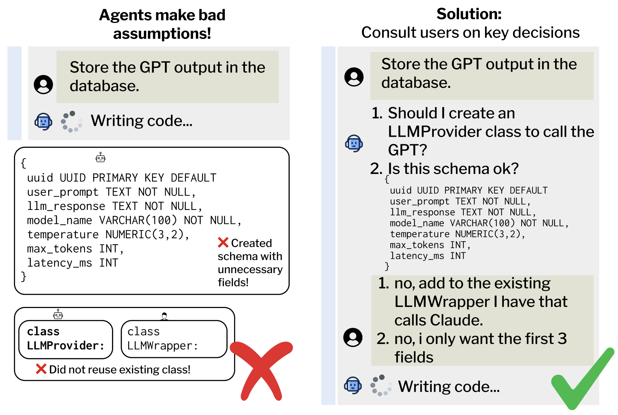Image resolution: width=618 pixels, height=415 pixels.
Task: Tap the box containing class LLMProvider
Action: (x=66, y=339)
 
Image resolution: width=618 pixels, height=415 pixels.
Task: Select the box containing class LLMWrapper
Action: (x=174, y=339)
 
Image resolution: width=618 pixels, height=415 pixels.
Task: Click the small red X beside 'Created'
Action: (x=223, y=243)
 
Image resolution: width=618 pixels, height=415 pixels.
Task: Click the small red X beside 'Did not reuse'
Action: (x=41, y=369)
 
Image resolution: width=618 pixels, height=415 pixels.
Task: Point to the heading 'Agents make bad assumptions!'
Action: (x=162, y=24)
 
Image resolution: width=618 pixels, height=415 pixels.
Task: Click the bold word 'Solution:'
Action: (x=469, y=14)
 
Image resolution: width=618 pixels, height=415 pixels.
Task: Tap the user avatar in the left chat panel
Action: (x=43, y=84)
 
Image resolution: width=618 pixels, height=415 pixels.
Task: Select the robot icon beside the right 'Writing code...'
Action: (x=353, y=386)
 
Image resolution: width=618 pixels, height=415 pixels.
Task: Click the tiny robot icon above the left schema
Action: (x=100, y=158)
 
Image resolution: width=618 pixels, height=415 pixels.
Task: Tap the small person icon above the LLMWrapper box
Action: (x=164, y=316)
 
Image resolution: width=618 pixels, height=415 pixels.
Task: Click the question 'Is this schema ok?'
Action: (x=453, y=169)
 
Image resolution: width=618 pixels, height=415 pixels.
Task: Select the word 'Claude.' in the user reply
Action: (x=456, y=320)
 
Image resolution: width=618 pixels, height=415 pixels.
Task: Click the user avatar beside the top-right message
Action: (x=354, y=77)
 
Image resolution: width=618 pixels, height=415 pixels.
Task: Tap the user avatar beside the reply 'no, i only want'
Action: (x=353, y=337)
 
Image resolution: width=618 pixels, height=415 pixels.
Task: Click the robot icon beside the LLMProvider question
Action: (x=354, y=143)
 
